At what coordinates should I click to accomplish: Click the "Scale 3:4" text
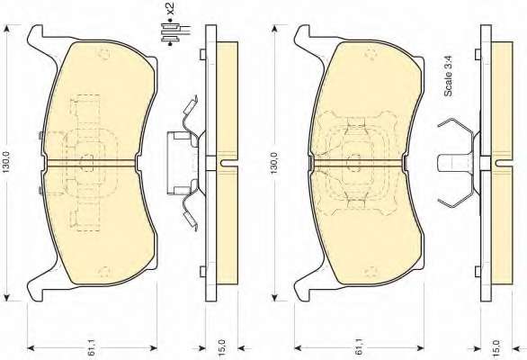pyautogui.click(x=449, y=76)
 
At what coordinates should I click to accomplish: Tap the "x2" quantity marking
pyautogui.click(x=172, y=9)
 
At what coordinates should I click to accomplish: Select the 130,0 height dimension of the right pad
pyautogui.click(x=274, y=163)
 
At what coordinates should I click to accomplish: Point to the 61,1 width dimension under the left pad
pyautogui.click(x=92, y=347)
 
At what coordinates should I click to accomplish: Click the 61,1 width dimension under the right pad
pyautogui.click(x=359, y=347)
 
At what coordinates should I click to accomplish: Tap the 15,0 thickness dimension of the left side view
pyautogui.click(x=223, y=347)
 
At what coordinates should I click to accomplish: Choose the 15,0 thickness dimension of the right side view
pyautogui.click(x=497, y=347)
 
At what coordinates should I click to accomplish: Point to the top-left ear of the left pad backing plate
pyautogui.click(x=36, y=35)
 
